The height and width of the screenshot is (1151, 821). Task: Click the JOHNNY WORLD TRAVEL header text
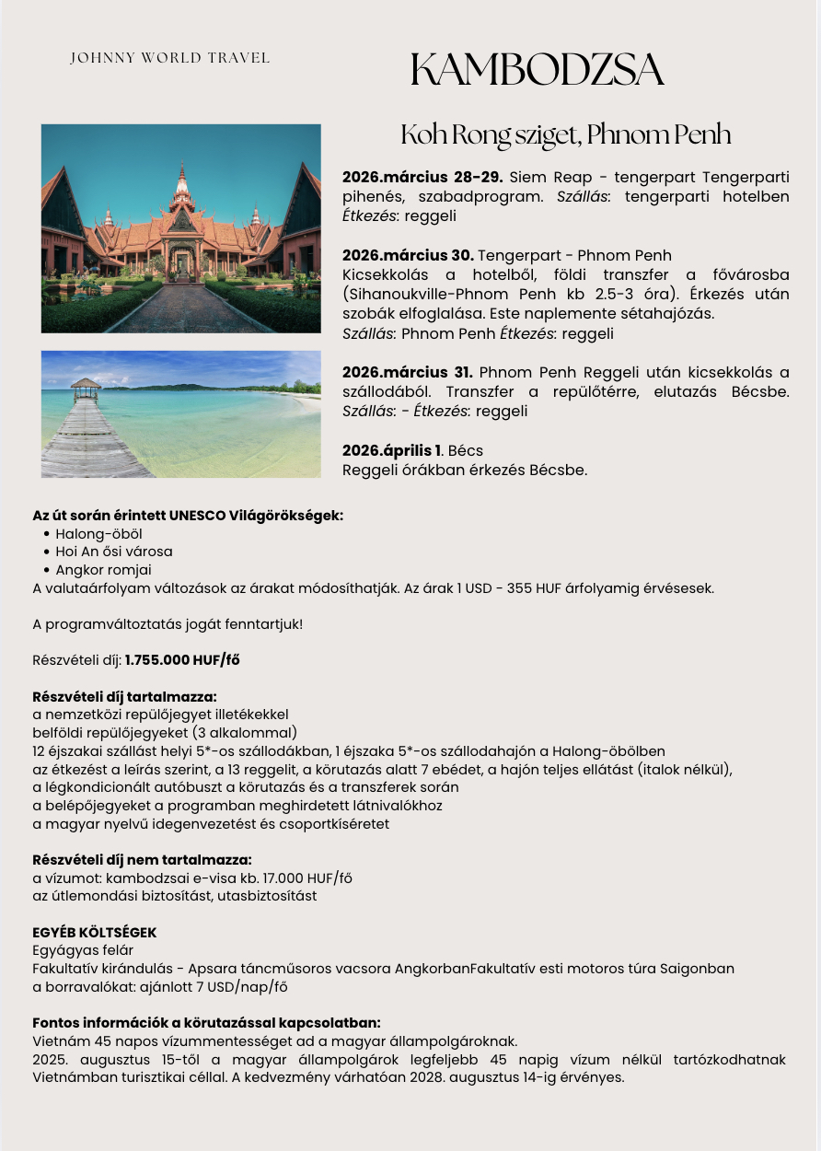[170, 58]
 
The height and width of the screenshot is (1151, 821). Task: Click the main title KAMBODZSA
[537, 70]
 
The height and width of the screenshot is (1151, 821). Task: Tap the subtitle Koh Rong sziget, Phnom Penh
[565, 134]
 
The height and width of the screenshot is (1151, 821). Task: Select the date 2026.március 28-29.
[422, 177]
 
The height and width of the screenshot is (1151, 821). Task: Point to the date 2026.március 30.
[408, 255]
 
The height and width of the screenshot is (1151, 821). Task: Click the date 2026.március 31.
[407, 372]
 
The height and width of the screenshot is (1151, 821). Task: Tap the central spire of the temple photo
[181, 184]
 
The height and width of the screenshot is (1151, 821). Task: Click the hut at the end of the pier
[86, 388]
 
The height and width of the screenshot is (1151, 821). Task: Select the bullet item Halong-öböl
[98, 533]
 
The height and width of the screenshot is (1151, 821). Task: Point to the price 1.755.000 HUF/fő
[182, 659]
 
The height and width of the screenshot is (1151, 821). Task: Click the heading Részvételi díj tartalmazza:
[124, 696]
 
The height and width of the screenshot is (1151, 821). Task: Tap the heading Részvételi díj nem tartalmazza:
[135, 860]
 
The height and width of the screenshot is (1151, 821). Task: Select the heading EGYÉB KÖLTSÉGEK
[94, 932]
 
